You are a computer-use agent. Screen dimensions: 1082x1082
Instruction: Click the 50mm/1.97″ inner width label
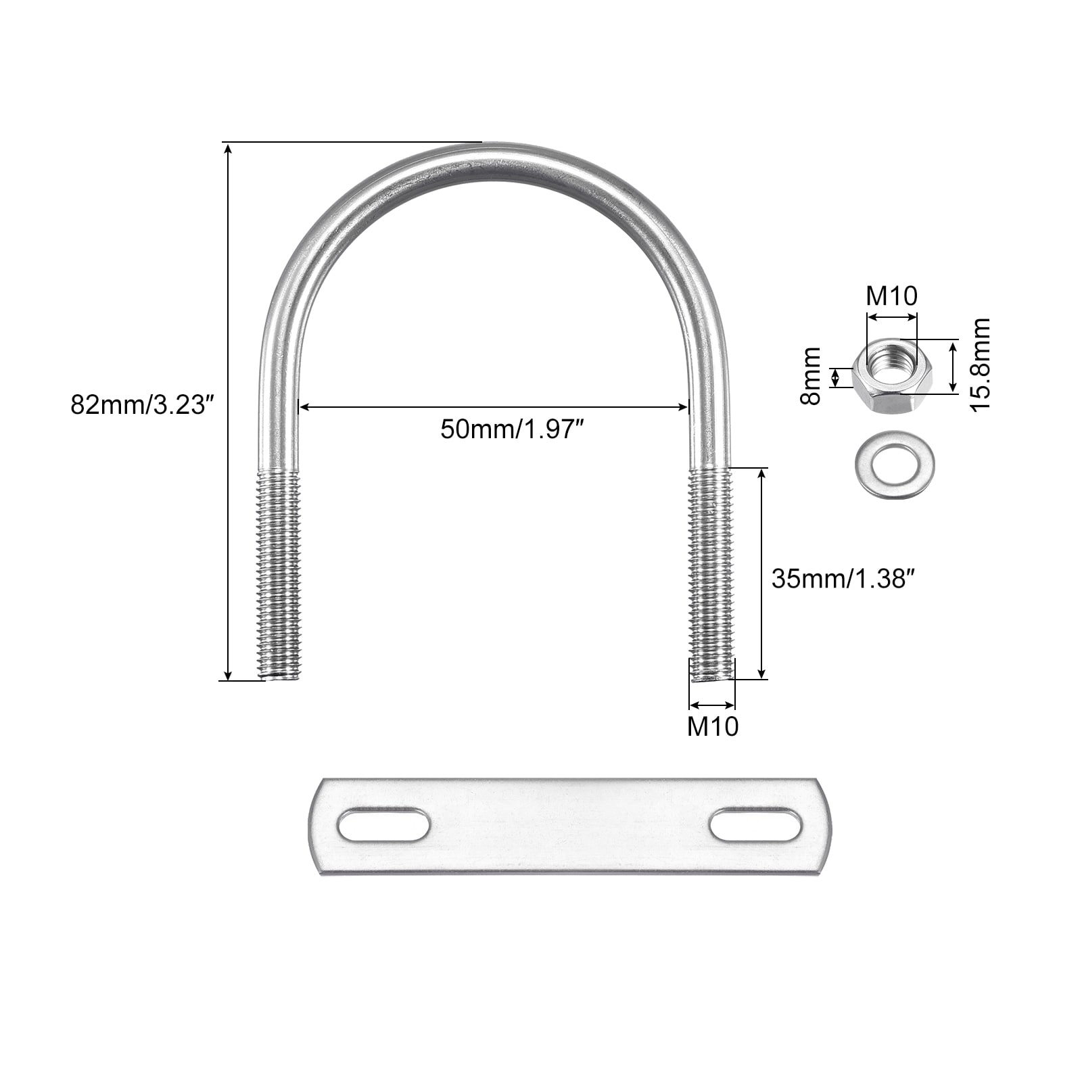[511, 429]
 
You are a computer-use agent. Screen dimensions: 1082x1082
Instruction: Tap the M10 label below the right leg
[713, 726]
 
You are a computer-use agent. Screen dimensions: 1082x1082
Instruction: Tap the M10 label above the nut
[892, 296]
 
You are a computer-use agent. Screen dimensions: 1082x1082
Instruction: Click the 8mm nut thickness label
[810, 376]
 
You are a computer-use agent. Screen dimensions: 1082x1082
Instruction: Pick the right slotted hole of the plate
[756, 825]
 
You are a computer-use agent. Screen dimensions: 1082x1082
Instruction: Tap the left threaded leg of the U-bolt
[279, 575]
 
